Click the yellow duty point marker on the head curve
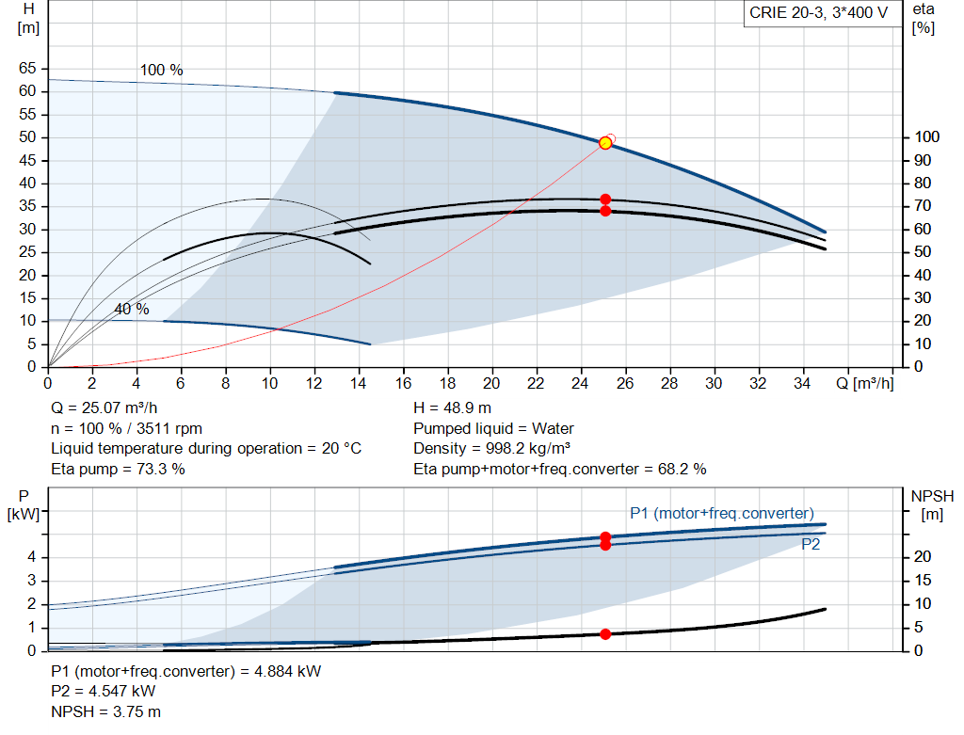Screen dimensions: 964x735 coord(605,143)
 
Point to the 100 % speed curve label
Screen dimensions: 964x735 coord(161,70)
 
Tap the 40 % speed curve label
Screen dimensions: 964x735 coord(132,309)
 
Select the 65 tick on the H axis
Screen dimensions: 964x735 coord(27,68)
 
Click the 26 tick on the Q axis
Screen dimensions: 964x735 coord(625,383)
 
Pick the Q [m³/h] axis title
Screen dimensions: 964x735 coord(864,383)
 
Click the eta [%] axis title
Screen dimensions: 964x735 coord(924,19)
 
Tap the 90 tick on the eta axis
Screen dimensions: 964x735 coord(923,160)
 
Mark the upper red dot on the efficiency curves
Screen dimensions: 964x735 coord(605,200)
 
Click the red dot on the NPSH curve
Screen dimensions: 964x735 coord(605,634)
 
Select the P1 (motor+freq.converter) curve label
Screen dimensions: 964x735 coord(722,513)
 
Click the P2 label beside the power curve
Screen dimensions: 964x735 coord(811,545)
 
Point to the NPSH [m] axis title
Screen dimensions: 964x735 coord(932,504)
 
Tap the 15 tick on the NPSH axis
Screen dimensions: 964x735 coord(923,580)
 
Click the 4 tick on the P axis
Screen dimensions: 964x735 coord(32,557)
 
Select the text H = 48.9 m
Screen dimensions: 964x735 coord(452,407)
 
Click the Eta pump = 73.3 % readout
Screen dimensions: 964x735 coord(118,469)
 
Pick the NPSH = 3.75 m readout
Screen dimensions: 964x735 coord(105,711)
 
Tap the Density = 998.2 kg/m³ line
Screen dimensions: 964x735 coord(491,449)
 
